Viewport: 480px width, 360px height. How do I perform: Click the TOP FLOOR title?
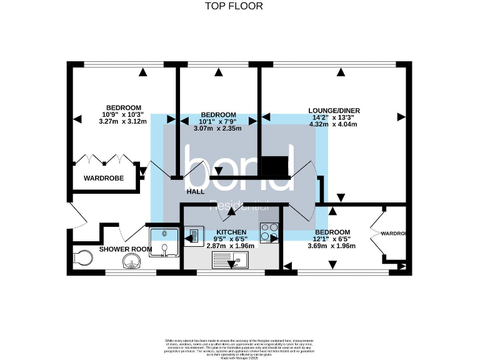click(x=234, y=6)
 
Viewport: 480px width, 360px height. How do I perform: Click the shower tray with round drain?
click(x=164, y=241)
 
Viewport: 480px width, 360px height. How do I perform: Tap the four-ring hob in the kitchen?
click(x=269, y=232)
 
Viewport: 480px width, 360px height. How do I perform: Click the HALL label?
click(x=196, y=192)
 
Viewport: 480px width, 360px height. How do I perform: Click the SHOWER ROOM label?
click(x=126, y=249)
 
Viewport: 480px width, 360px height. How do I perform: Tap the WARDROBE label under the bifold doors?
click(x=104, y=178)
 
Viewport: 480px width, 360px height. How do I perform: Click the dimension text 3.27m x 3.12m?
click(x=122, y=122)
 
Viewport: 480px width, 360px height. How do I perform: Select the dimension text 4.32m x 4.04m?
click(x=332, y=124)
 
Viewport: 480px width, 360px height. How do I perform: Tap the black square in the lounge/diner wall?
click(x=274, y=167)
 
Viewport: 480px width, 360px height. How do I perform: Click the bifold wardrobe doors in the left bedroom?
click(x=104, y=159)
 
